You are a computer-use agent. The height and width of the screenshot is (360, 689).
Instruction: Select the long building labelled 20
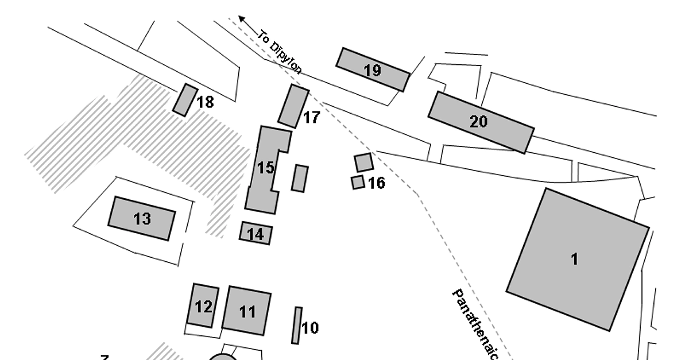coord(481,122)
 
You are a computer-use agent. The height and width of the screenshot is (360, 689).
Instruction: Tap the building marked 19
coord(373,69)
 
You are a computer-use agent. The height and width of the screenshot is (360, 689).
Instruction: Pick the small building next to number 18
coord(185,100)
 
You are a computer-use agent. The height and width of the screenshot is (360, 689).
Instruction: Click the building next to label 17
coord(293,106)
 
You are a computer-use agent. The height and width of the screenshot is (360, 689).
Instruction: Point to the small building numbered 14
coord(256,233)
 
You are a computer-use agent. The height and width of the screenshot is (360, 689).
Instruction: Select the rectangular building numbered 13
coord(142,218)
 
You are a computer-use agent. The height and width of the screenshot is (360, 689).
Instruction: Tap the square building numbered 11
coord(247,311)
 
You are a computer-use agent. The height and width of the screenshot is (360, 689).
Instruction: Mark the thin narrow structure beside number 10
coord(296,326)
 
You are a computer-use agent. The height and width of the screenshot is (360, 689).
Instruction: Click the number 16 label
coord(377,183)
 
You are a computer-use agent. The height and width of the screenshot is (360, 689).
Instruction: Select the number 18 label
coord(205,103)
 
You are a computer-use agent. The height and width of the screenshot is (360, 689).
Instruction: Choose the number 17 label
coord(311,118)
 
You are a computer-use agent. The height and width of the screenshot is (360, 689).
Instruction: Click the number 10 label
coord(309,328)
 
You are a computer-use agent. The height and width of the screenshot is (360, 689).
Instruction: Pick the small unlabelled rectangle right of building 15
coord(299,178)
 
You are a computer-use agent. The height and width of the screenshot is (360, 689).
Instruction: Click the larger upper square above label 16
coord(363,162)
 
